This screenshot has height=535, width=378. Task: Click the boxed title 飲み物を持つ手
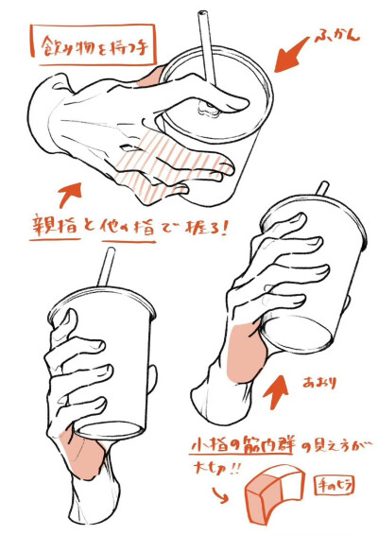pos(93,45)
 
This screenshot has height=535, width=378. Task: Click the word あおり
pos(319,382)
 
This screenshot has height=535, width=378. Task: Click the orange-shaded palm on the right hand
pos(243,349)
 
